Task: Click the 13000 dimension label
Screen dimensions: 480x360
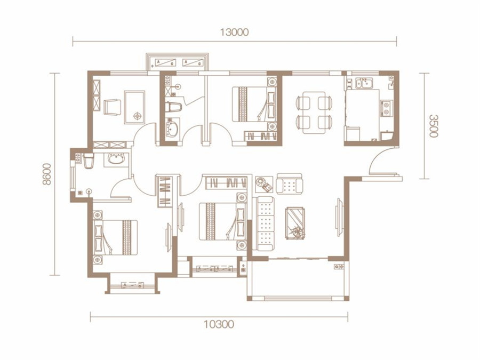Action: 235,32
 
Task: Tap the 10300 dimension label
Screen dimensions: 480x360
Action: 219,324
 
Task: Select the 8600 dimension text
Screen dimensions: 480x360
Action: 47,174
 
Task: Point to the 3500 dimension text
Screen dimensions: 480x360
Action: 433,126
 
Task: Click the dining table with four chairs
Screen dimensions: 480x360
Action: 314,113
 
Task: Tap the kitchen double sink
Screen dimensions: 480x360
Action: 364,83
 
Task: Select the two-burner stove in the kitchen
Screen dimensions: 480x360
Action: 386,108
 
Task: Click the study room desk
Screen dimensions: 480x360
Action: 134,107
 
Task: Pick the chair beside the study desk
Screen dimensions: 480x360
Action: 112,107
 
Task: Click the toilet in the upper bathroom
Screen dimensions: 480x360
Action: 173,107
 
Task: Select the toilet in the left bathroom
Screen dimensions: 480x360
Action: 88,161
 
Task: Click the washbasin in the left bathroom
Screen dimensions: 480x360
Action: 116,159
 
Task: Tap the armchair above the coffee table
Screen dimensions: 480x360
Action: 289,184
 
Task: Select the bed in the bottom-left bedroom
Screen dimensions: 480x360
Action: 115,237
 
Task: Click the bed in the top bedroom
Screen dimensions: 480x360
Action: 254,104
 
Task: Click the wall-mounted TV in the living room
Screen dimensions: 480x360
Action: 339,218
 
